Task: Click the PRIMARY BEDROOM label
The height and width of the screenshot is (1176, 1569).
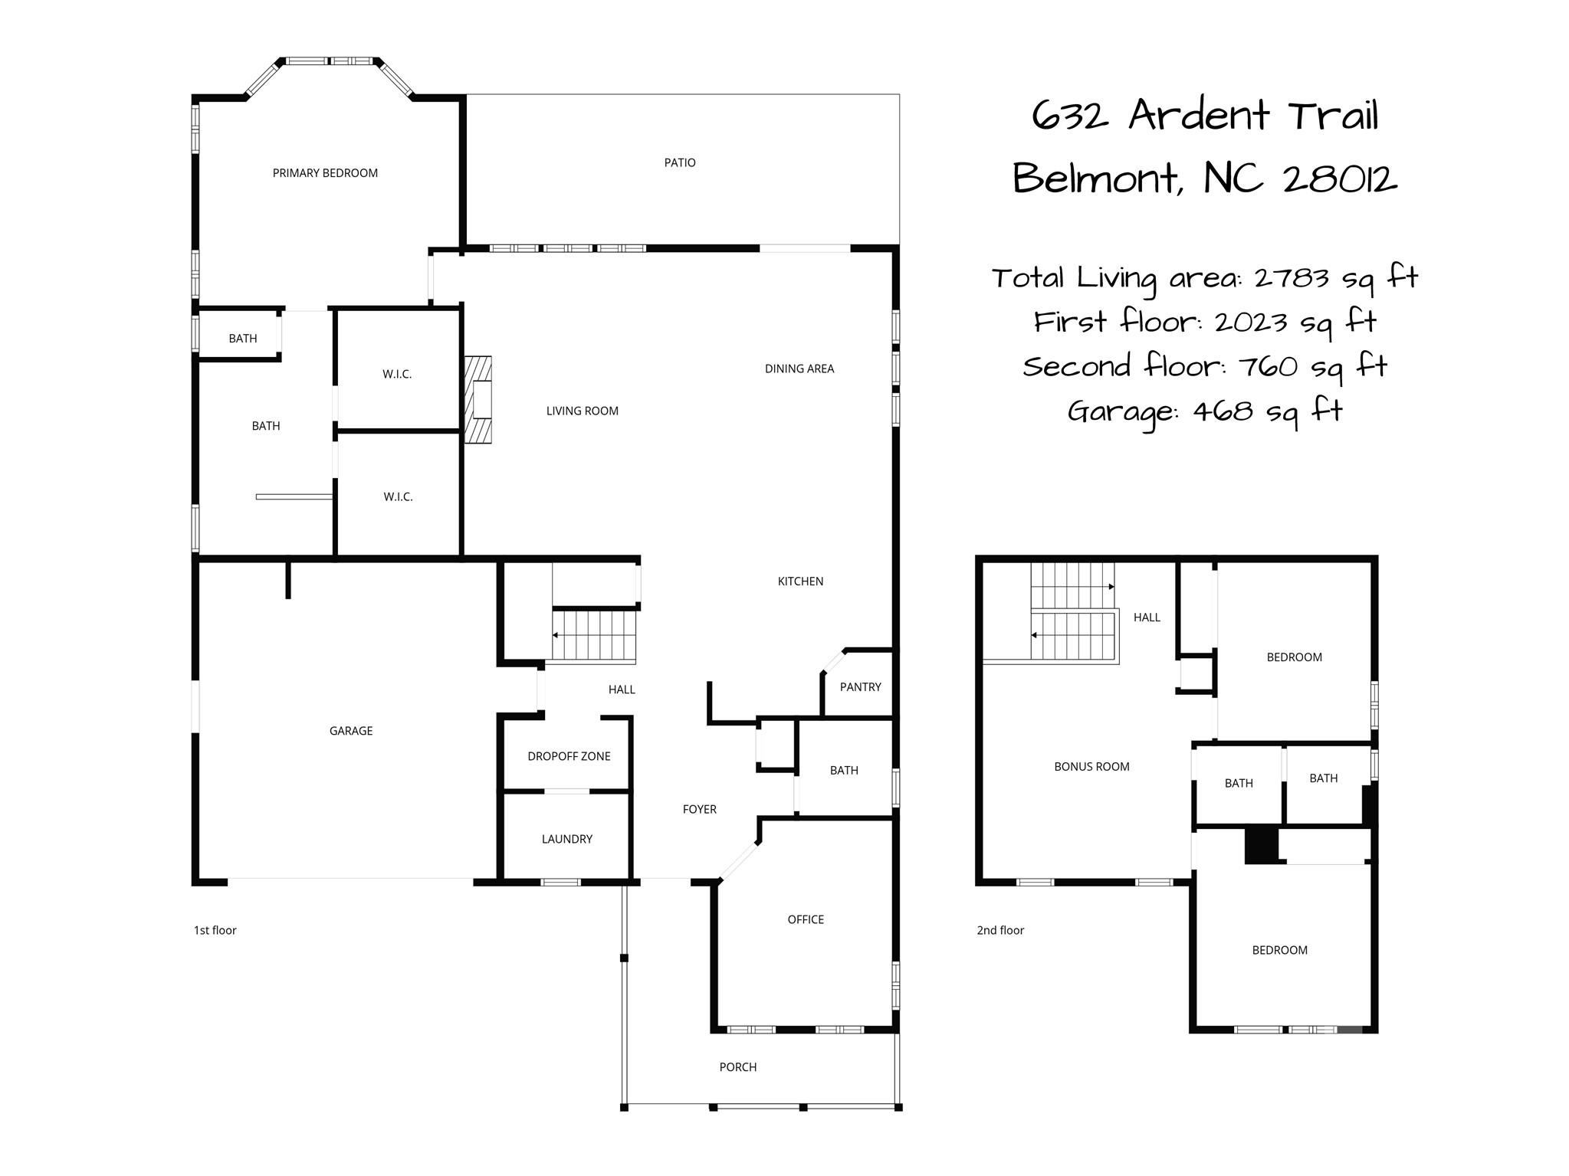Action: [x=325, y=173]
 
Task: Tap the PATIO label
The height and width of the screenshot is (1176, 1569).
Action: [x=680, y=162]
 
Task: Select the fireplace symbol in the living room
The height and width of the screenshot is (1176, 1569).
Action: [x=478, y=399]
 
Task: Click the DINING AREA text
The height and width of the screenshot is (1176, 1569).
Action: [x=799, y=369]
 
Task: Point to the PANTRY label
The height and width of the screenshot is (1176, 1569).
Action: [x=860, y=686]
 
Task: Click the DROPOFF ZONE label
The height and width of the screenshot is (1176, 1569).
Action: [x=569, y=756]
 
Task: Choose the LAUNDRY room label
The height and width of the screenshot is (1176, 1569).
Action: [x=566, y=839]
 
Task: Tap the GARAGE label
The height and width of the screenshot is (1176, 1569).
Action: [x=351, y=731]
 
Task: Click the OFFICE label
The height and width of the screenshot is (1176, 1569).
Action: [x=806, y=919]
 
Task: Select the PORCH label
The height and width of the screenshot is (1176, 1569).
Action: [x=737, y=1066]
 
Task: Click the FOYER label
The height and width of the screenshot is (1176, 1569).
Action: [x=699, y=809]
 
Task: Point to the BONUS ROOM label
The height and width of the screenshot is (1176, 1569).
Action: [x=1091, y=766]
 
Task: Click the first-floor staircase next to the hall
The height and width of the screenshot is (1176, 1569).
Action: [x=594, y=635]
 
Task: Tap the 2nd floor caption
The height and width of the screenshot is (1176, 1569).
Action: [x=1000, y=930]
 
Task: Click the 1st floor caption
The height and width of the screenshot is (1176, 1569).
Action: [x=215, y=930]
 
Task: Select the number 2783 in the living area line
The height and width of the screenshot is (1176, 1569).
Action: [x=1291, y=277]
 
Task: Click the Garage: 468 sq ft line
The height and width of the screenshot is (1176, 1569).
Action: [x=1205, y=411]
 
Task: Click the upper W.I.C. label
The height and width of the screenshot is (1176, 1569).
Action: [x=397, y=374]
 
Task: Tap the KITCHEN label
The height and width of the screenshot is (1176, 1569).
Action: [x=800, y=581]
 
